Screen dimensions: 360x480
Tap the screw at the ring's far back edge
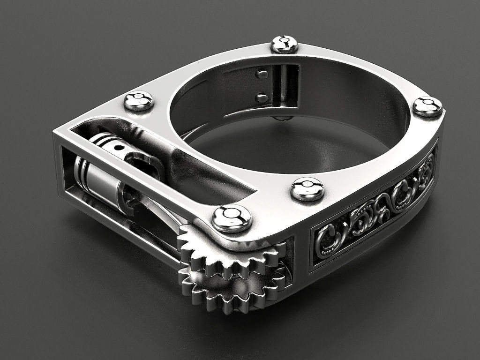[x=285, y=44]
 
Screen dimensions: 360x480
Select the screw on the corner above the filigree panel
[x=427, y=106]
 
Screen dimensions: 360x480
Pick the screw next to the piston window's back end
[x=138, y=101]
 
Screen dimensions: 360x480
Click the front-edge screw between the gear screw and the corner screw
[x=307, y=189]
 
